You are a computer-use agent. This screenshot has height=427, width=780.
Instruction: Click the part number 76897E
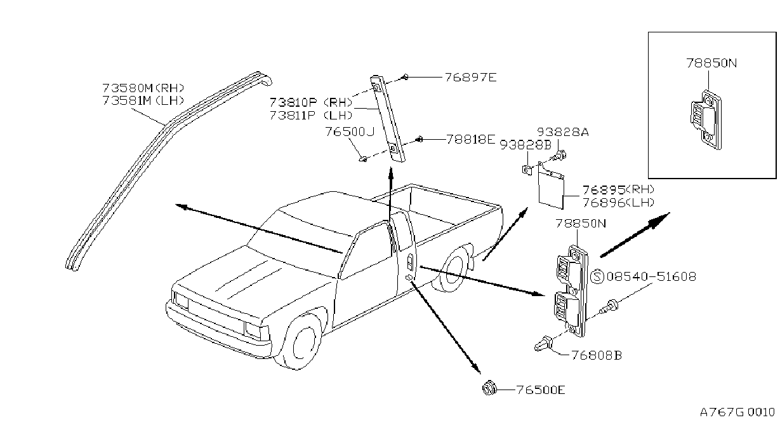pyautogui.click(x=470, y=77)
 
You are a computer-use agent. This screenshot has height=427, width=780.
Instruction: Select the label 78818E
pyautogui.click(x=470, y=139)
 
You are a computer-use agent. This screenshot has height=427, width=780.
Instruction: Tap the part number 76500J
pyautogui.click(x=350, y=132)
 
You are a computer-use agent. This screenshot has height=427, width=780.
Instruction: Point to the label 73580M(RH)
pyautogui.click(x=143, y=88)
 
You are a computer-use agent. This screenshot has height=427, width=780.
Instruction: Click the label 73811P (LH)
pyautogui.click(x=312, y=115)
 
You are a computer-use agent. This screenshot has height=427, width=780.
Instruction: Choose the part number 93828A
pyautogui.click(x=563, y=132)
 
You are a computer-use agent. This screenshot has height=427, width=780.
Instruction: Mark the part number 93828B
pyautogui.click(x=526, y=145)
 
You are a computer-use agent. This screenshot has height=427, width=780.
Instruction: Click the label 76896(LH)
pyautogui.click(x=618, y=202)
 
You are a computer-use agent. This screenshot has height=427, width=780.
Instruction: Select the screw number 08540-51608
pyautogui.click(x=651, y=276)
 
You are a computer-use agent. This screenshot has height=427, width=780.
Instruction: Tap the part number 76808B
pyautogui.click(x=597, y=355)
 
